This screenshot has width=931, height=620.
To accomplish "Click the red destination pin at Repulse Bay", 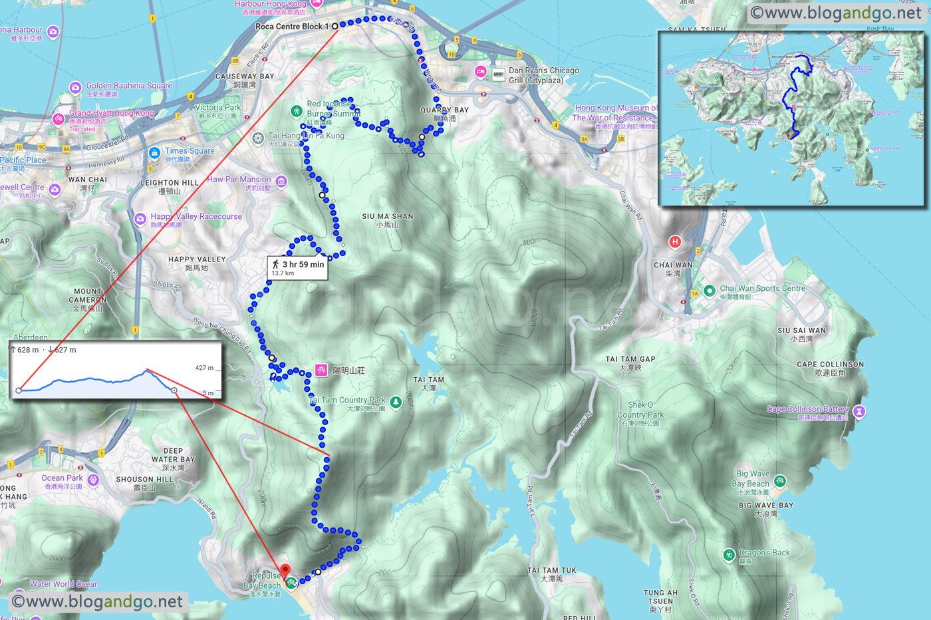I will pyautogui.click(x=285, y=571).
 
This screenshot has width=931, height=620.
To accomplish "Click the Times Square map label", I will pyautogui.click(x=190, y=151).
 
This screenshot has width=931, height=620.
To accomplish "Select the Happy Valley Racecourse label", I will pyautogui.click(x=196, y=217).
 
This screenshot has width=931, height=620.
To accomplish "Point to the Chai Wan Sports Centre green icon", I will pyautogui.click(x=710, y=290).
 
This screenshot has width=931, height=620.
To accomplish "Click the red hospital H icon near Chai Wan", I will pyautogui.click(x=675, y=241).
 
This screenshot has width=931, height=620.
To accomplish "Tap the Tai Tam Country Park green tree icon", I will pyautogui.click(x=396, y=402).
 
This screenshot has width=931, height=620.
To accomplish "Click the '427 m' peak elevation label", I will pyautogui.click(x=204, y=368).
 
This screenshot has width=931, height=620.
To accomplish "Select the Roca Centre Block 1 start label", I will pyautogui.click(x=292, y=27).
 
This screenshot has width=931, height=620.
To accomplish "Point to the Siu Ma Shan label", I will pyautogui.click(x=388, y=217).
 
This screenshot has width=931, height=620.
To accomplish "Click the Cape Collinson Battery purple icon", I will pyautogui.click(x=859, y=412).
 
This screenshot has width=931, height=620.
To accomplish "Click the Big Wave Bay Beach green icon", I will pyautogui.click(x=780, y=480).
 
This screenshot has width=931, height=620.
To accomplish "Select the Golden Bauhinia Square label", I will pyautogui.click(x=129, y=86).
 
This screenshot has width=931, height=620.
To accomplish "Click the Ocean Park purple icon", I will pyautogui.click(x=93, y=480).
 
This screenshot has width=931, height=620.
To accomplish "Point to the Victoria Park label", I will pyautogui.click(x=218, y=108).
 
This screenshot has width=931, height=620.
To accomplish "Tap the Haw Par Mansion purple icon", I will pyautogui.click(x=281, y=182).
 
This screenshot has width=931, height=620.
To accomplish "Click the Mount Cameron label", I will pyautogui.click(x=88, y=295).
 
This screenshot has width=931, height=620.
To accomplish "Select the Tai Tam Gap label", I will pyautogui.click(x=630, y=359).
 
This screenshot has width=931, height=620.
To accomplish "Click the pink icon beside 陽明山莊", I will pyautogui.click(x=321, y=370).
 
